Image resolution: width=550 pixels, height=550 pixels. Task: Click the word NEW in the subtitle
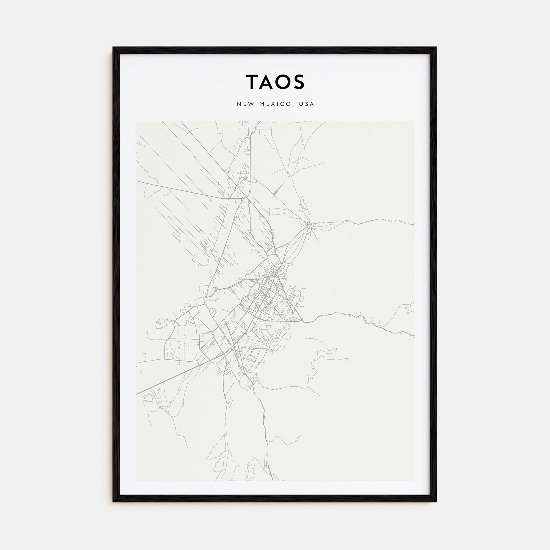[x=245, y=104]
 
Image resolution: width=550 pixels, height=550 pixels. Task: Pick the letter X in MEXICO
[x=274, y=104]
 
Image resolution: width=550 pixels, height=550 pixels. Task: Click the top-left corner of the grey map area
[x=136, y=121]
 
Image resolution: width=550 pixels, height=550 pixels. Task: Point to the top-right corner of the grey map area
[x=414, y=121]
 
